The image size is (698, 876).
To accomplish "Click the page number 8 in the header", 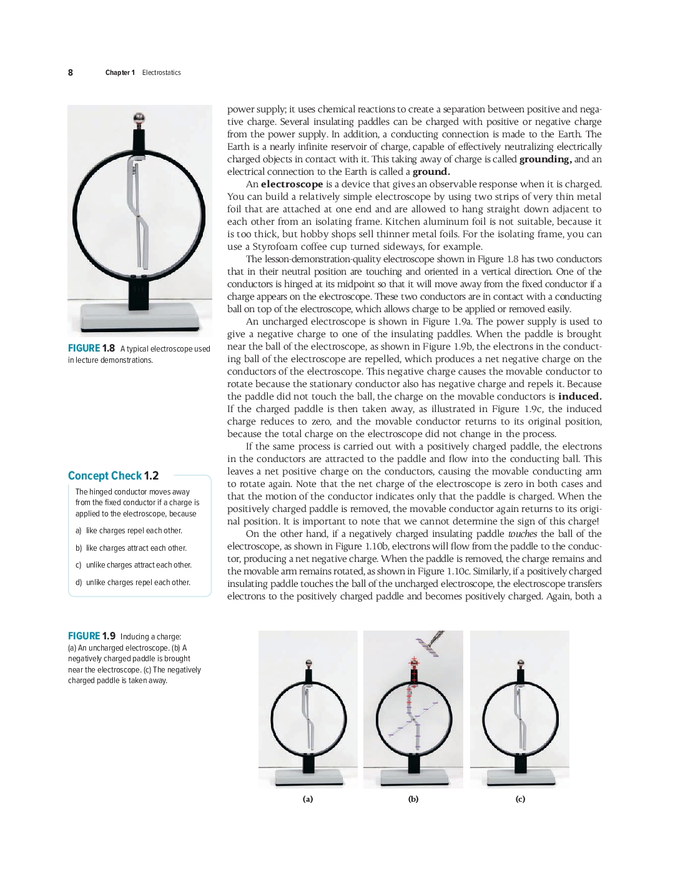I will pyautogui.click(x=71, y=72).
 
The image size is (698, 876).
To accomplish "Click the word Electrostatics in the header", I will pyautogui.click(x=161, y=72).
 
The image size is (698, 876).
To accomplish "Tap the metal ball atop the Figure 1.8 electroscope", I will pyautogui.click(x=139, y=118).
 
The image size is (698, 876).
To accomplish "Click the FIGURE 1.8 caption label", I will pyautogui.click(x=91, y=348).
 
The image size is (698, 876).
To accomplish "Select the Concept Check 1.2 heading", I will pyautogui.click(x=113, y=476).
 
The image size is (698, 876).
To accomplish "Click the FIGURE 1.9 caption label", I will pyautogui.click(x=91, y=636).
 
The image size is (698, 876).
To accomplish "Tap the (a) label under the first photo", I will pyautogui.click(x=308, y=799).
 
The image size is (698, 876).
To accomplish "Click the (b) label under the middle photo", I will pyautogui.click(x=413, y=799).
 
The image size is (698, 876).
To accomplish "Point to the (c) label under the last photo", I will pyautogui.click(x=520, y=799).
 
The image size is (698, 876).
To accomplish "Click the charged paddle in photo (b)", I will pyautogui.click(x=431, y=642).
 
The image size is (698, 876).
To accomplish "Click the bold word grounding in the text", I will pyautogui.click(x=545, y=159).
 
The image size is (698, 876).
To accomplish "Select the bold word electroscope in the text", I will pyautogui.click(x=292, y=184).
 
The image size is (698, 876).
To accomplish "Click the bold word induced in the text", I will pyautogui.click(x=579, y=396).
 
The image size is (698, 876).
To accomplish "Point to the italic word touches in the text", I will pyautogui.click(x=522, y=534).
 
